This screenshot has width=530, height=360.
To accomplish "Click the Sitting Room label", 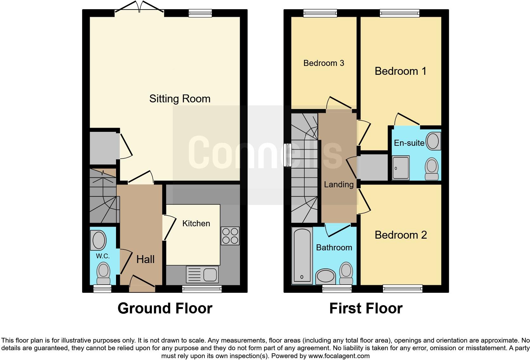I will pos(180,99).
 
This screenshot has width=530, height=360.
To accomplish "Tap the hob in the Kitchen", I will pos(230,236).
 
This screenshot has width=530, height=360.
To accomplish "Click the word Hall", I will pos(145,260).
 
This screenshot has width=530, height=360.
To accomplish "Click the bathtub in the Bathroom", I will pos(302,255).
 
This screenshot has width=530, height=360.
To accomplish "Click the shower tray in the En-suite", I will pos(401,168).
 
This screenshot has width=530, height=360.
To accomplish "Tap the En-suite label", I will pos(409,143).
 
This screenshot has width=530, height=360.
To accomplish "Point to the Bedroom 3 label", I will pos(324,63).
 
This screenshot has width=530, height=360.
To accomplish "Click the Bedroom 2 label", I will pos(401,235).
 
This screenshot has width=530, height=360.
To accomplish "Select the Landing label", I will pos(339,184).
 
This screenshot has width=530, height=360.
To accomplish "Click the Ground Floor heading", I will pos(165,308).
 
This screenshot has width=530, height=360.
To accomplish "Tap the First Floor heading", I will pos(366,308).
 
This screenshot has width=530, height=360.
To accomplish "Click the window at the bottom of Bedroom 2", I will pos(403,288).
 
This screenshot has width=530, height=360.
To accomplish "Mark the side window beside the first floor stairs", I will pos(288,155).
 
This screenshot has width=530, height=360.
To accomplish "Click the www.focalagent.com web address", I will pos(339,356).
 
